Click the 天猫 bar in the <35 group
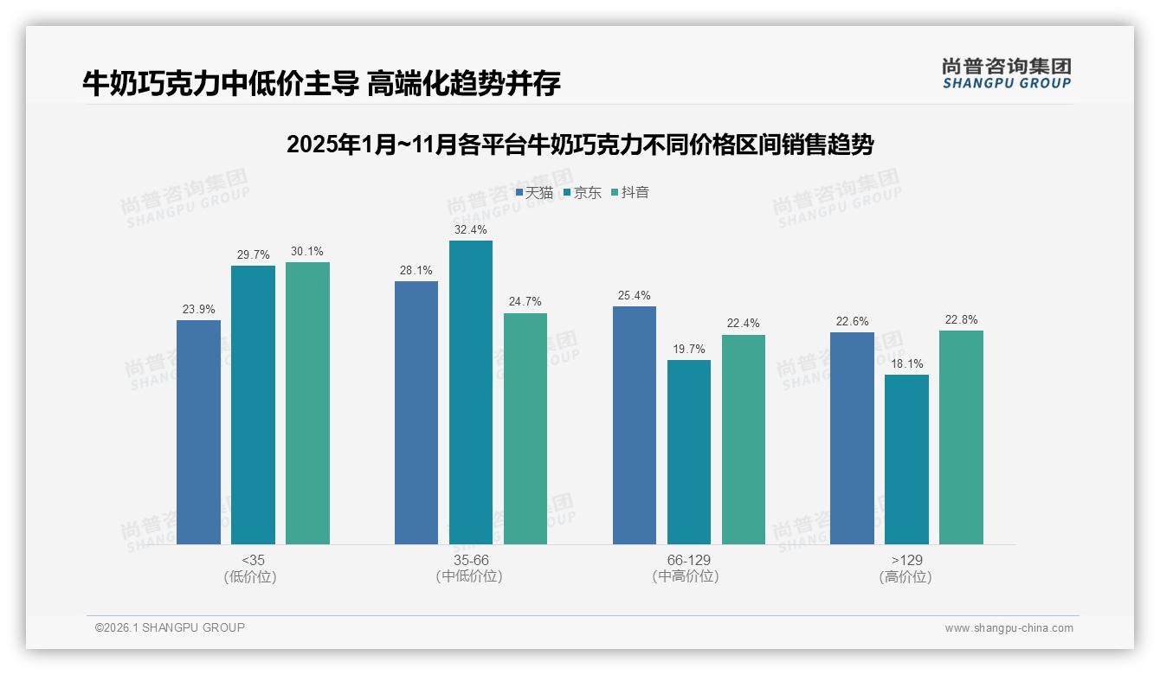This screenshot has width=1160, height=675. pyautogui.click(x=198, y=432)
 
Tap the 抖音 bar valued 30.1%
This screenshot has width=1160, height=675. pyautogui.click(x=307, y=403)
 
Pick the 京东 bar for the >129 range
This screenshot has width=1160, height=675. pyautogui.click(x=906, y=460)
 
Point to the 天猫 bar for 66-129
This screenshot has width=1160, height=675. pyautogui.click(x=634, y=425)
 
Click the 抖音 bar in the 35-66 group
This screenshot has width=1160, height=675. pyautogui.click(x=525, y=428)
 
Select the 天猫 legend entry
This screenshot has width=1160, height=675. pyautogui.click(x=535, y=192)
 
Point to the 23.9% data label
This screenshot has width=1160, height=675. pyautogui.click(x=199, y=309)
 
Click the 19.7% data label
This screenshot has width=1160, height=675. pyautogui.click(x=689, y=349)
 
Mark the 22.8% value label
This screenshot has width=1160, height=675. pyautogui.click(x=961, y=319)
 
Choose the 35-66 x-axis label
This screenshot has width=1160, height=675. pyautogui.click(x=470, y=560)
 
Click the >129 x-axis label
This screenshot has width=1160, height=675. pyautogui.click(x=905, y=560)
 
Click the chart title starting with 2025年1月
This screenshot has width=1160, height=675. pyautogui.click(x=579, y=145)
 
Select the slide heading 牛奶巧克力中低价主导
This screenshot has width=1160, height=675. pyautogui.click(x=321, y=83)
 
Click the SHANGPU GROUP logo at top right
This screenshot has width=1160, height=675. pyautogui.click(x=1006, y=74)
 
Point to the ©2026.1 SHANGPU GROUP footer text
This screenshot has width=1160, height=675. pyautogui.click(x=170, y=627)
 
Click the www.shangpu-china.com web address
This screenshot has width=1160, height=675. pyautogui.click(x=1009, y=628)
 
